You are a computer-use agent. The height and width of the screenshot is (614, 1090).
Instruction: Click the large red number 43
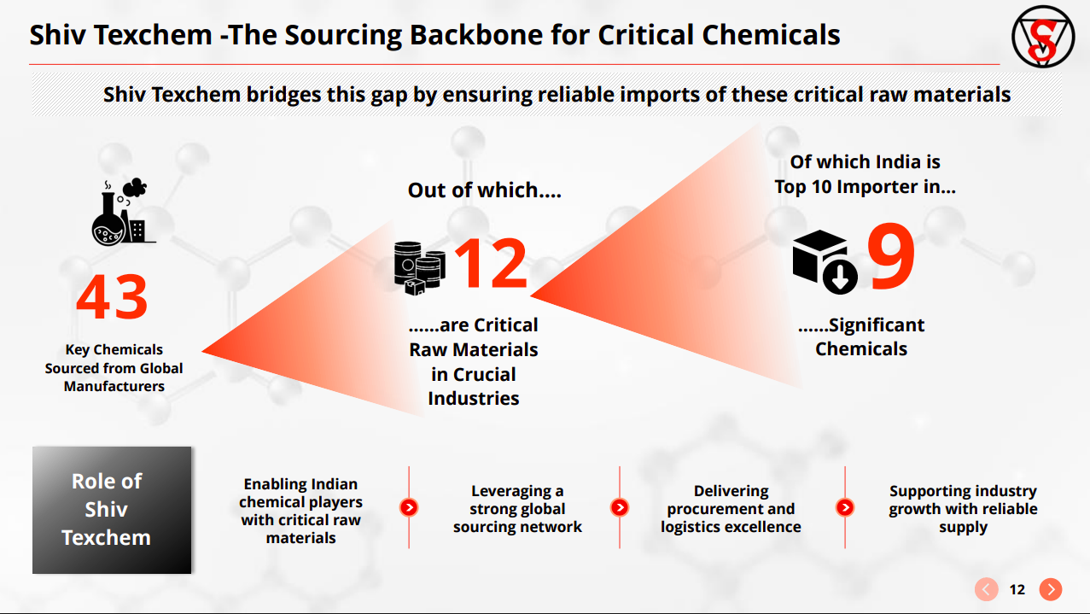[112, 298]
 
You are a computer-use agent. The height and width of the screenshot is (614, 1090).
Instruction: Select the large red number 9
[890, 257]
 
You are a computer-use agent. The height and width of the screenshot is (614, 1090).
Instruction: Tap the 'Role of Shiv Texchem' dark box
[112, 510]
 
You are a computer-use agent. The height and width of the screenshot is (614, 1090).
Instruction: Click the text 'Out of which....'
[484, 190]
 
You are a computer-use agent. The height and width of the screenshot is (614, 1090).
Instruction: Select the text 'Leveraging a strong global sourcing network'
[517, 509]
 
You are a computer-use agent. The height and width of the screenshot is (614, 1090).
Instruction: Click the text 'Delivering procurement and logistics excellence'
[731, 509]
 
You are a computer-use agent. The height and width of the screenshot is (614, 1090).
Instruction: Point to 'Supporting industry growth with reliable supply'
[963, 509]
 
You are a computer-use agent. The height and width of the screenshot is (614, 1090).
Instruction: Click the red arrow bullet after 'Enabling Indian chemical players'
[409, 507]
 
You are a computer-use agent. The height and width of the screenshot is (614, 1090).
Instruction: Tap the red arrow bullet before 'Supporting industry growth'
[845, 507]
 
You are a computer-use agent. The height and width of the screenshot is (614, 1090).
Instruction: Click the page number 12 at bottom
[1017, 589]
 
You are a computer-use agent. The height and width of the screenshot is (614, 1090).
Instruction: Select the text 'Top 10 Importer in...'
[865, 187]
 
